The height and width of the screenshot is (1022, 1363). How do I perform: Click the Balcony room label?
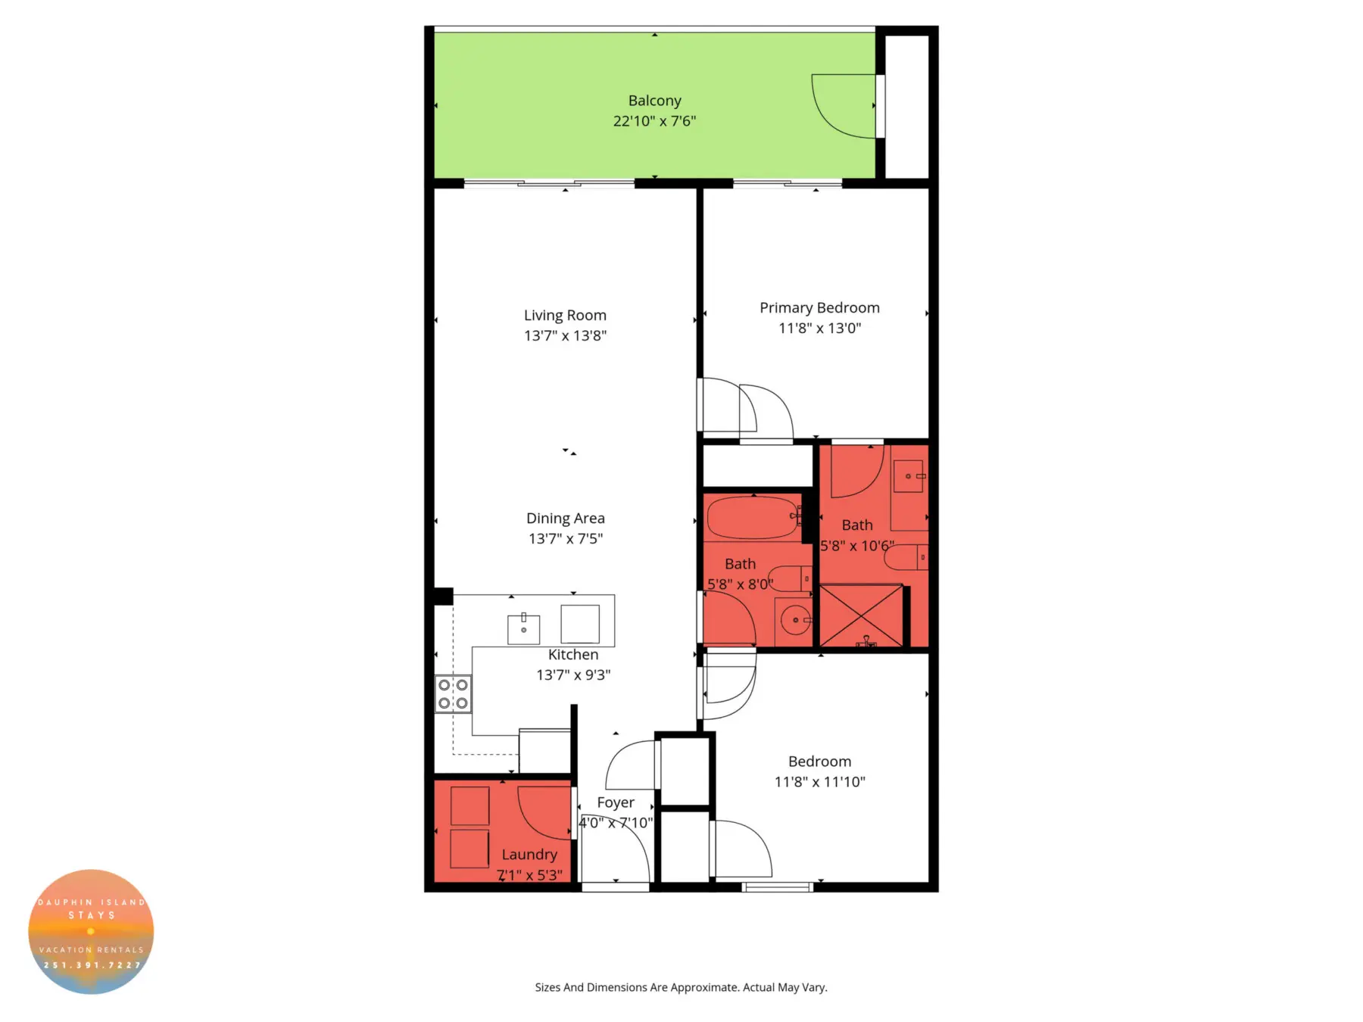point(654,101)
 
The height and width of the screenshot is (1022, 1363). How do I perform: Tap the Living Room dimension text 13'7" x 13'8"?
point(565,335)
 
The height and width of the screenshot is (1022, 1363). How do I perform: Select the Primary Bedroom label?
point(819,308)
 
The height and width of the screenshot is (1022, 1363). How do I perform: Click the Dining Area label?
point(565,519)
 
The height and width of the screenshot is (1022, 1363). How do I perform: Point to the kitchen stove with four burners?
point(453,694)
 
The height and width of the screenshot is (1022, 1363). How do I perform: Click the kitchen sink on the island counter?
point(523,629)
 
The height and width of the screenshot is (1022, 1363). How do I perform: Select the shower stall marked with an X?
point(862,615)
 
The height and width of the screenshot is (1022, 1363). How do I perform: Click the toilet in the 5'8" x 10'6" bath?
point(906,558)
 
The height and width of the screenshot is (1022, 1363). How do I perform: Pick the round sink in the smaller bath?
point(795,620)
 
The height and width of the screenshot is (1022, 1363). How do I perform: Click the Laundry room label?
point(529,855)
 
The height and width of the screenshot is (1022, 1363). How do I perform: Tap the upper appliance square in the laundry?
point(469,805)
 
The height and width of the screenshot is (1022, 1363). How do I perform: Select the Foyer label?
point(615,802)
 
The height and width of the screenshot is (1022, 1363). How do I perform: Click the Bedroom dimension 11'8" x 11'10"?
point(819,782)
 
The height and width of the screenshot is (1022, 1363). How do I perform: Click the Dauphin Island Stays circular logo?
point(91,931)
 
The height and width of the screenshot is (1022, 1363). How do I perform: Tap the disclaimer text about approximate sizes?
point(681,987)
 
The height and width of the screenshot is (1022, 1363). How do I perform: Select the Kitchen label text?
point(573,655)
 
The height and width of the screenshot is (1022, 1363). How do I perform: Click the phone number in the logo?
point(92,965)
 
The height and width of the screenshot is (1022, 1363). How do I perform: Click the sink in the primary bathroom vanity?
point(908,476)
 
